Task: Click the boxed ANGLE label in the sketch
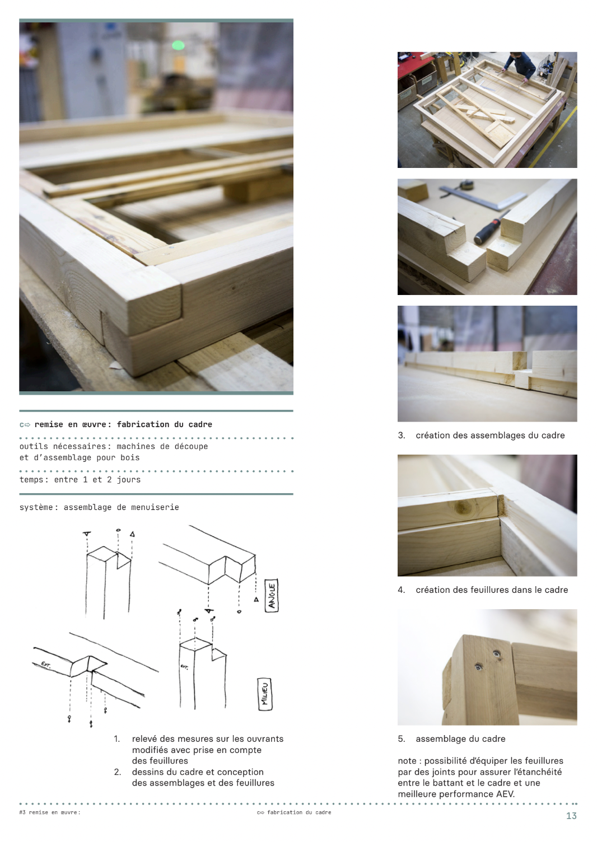click(272, 596)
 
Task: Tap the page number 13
click(571, 816)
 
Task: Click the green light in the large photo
click(178, 45)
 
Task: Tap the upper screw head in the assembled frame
click(497, 654)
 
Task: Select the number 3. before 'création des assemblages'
click(402, 436)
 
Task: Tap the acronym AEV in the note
click(505, 794)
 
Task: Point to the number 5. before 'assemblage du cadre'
click(402, 738)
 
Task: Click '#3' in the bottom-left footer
click(22, 812)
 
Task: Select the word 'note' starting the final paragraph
click(407, 761)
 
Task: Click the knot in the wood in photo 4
click(461, 507)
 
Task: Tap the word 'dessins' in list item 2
click(146, 771)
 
